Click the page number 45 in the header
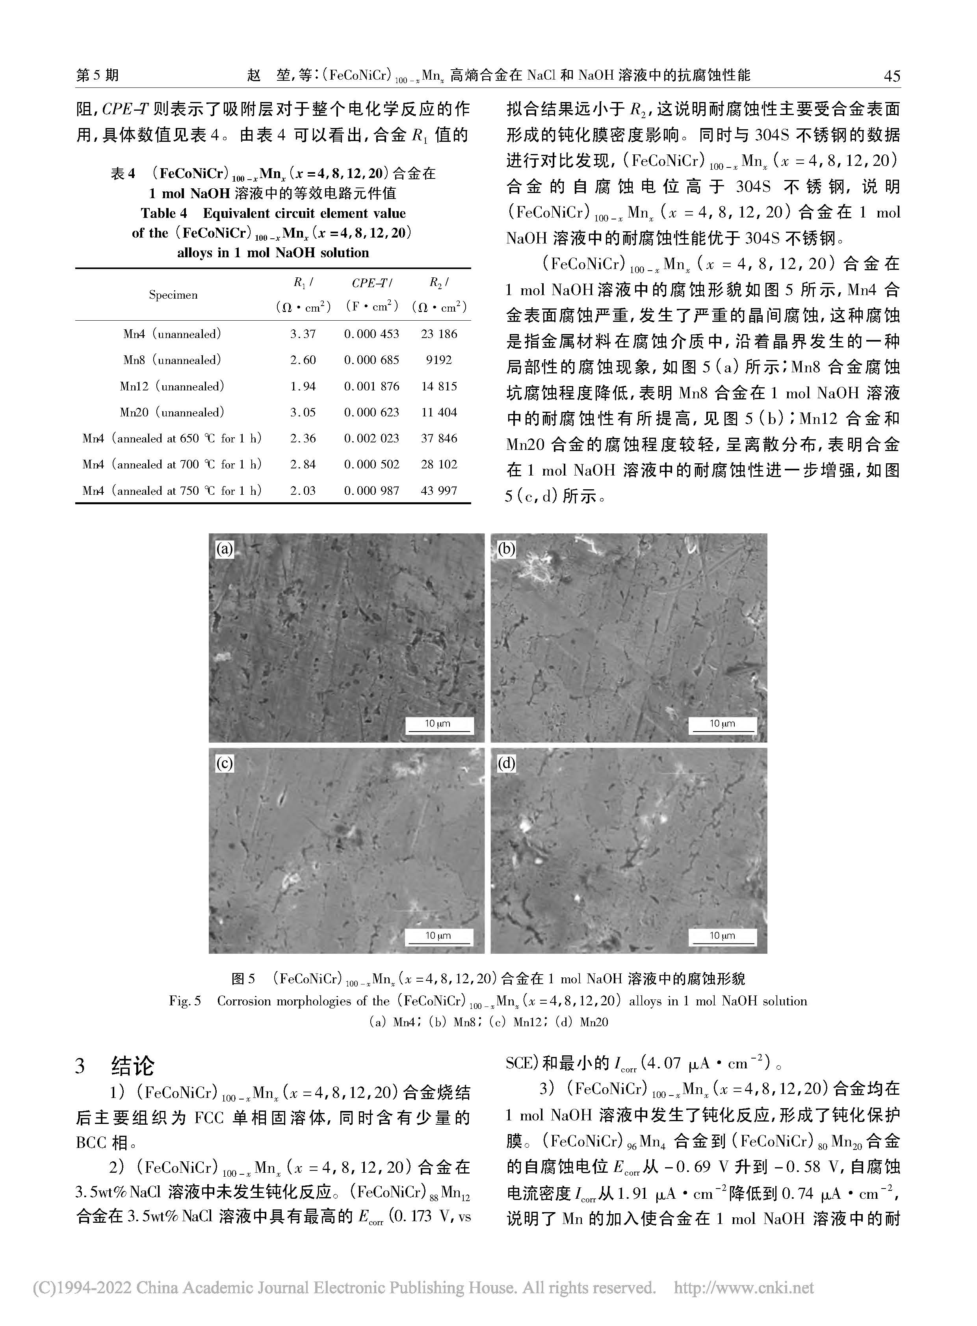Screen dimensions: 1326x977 click(x=891, y=76)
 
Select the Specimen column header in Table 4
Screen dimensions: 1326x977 click(x=173, y=295)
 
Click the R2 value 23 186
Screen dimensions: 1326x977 click(x=439, y=334)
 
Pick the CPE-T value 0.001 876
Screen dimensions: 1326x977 click(x=371, y=386)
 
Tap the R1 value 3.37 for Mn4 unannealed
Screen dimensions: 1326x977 click(x=303, y=334)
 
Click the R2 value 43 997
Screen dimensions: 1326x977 click(x=439, y=490)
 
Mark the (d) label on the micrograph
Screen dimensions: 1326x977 click(x=506, y=763)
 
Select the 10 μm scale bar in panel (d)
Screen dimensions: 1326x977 click(x=722, y=936)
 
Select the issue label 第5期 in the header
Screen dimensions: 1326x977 click(x=98, y=75)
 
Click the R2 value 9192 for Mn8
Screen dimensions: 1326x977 click(x=439, y=360)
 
